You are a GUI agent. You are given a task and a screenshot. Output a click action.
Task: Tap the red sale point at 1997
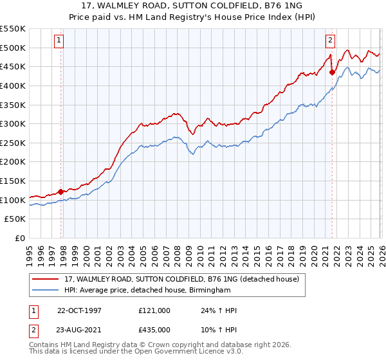(61, 192)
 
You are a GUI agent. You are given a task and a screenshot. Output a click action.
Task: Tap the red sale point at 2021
(332, 72)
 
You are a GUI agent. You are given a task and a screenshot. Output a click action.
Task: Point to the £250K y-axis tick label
(13, 143)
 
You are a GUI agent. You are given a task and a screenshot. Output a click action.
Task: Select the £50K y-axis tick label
(15, 219)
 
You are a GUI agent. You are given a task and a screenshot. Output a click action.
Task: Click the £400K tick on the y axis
(13, 85)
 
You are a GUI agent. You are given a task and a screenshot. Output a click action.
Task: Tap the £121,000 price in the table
(154, 310)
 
